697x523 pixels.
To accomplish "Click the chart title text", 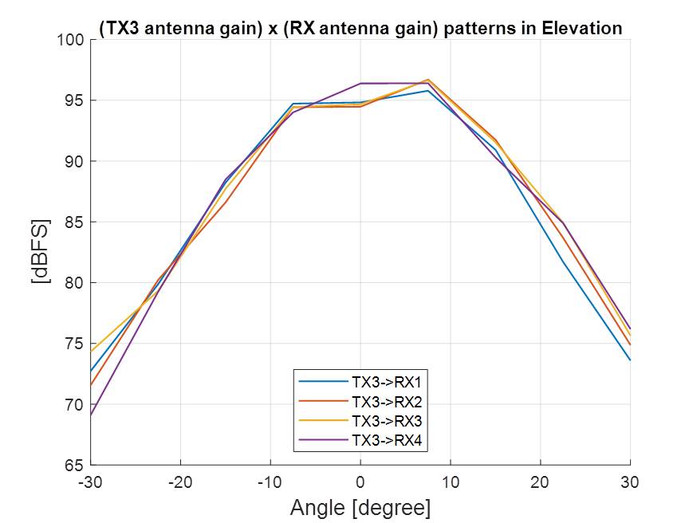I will pos(360,28).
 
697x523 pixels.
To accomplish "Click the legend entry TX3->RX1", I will pos(385,381).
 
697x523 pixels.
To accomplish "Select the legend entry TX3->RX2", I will pos(385,400).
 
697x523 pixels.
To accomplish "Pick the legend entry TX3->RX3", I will pos(385,419).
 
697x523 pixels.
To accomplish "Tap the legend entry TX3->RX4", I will pos(385,439).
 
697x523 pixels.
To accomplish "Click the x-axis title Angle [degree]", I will pos(360,507).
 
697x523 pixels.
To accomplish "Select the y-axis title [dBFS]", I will pos(40,252).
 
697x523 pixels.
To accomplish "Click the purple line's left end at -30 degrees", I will pos(91,415).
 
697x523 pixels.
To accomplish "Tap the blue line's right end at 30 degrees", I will pos(630,360).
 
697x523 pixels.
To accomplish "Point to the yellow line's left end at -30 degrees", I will pos(91,352).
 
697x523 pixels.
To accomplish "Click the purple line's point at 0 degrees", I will pos(360,83).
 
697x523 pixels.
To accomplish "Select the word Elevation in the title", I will pos(581,28).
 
